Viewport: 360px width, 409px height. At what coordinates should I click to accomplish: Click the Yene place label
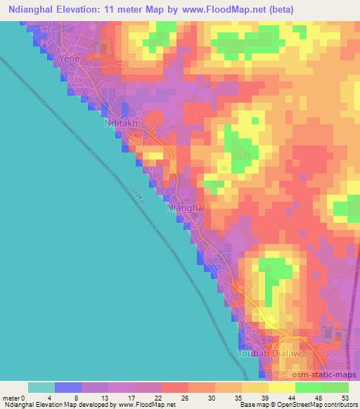tap(70, 59)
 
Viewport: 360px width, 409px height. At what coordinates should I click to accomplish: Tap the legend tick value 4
tap(55, 397)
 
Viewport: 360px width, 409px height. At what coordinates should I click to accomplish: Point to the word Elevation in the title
tap(86, 9)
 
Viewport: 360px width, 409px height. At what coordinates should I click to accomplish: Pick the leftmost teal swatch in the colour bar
tap(41, 387)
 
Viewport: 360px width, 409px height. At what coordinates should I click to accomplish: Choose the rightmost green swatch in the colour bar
tap(335, 387)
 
